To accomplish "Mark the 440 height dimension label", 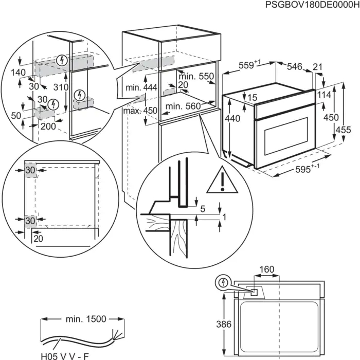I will tap(232, 118).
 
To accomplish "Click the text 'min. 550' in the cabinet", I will tap(198, 76).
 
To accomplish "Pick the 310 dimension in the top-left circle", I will tap(60, 88).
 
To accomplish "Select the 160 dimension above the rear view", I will tap(266, 268).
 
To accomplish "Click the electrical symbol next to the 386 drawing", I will tap(223, 282).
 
